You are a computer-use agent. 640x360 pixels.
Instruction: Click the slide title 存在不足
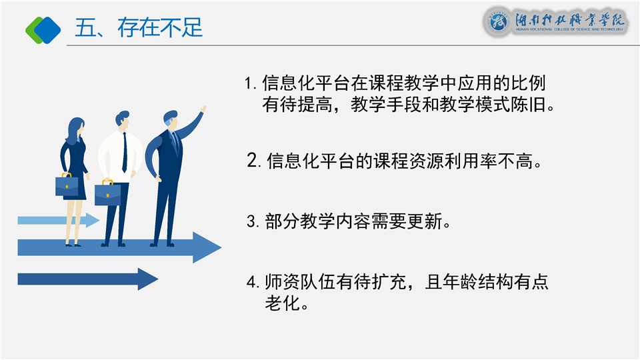click(160, 28)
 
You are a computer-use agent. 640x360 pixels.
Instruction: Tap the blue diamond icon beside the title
click(47, 30)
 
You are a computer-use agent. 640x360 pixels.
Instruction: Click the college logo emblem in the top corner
click(498, 21)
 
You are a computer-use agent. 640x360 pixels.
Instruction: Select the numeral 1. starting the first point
click(250, 84)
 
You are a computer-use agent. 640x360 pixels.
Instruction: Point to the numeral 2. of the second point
click(254, 160)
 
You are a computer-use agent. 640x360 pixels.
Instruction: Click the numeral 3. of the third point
click(253, 221)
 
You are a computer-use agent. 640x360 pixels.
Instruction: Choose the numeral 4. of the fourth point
click(253, 282)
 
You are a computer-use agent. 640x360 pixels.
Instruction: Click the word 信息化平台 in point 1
click(306, 83)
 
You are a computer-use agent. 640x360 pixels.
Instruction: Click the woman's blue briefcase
click(67, 186)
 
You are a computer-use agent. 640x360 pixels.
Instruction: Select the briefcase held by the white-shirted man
click(108, 193)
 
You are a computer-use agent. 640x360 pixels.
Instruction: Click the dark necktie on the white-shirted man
click(125, 153)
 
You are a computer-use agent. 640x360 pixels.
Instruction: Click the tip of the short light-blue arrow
click(99, 221)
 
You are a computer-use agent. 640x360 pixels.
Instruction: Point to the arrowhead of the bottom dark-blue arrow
click(148, 279)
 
